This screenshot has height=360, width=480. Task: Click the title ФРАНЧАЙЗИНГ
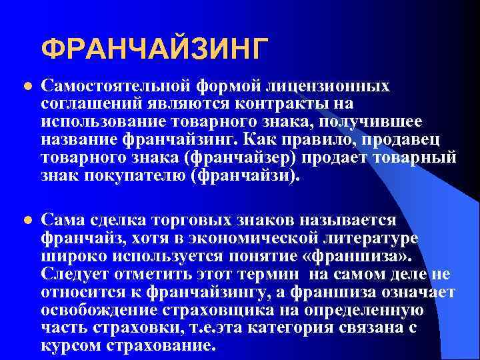(155, 49)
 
